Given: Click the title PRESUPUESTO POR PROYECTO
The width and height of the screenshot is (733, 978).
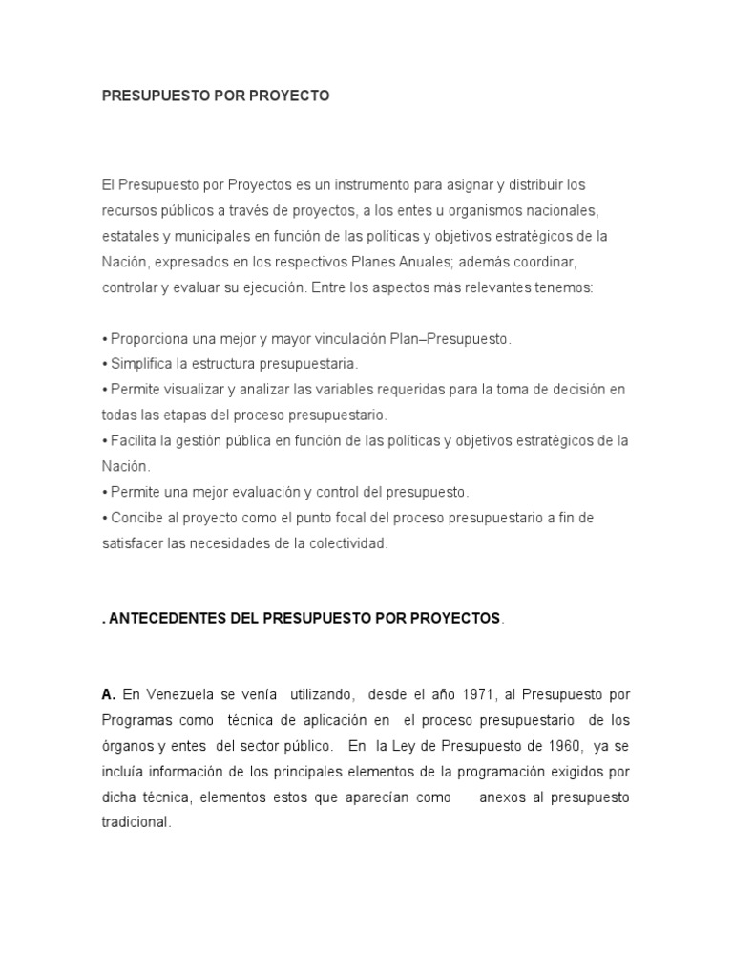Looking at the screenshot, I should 215,96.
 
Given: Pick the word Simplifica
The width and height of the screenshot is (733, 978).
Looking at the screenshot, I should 141,364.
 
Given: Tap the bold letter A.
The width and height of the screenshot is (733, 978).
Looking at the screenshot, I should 108,694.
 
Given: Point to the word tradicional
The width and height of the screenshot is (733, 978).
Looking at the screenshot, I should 136,822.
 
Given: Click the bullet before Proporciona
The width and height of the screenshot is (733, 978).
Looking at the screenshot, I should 105,339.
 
